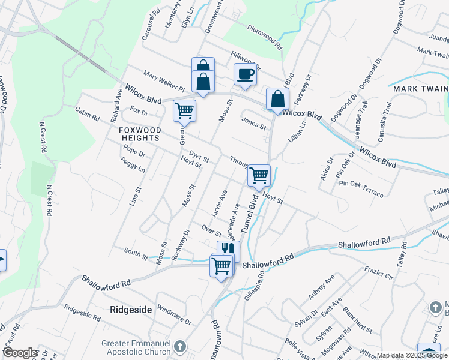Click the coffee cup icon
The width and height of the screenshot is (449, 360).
pyautogui.click(x=245, y=74)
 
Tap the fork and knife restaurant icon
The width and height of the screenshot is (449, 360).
pyautogui.click(x=228, y=250)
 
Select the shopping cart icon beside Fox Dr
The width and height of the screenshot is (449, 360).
pyautogui.click(x=184, y=110)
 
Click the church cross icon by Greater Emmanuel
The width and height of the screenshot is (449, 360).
pyautogui.click(x=179, y=347)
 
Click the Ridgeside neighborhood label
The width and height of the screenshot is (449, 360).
pyautogui.click(x=132, y=310)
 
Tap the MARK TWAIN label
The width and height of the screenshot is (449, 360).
pyautogui.click(x=418, y=89)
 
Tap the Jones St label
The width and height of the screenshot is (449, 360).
pyautogui.click(x=253, y=123)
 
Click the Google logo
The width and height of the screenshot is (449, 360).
pyautogui.click(x=20, y=353)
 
